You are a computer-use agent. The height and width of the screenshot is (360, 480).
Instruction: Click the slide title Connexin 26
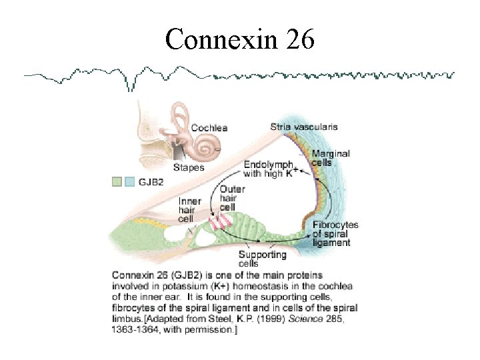[239, 41]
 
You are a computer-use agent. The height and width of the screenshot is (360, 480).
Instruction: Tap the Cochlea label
[209, 128]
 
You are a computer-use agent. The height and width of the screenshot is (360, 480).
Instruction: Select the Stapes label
[189, 167]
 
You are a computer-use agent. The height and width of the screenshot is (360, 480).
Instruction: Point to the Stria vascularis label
[303, 126]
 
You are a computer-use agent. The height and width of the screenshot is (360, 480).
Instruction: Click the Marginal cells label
[331, 158]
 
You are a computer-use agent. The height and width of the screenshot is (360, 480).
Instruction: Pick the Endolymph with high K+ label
[270, 169]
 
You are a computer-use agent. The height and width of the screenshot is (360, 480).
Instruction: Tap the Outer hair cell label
[232, 198]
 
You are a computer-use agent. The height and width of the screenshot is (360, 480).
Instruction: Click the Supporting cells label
[263, 259]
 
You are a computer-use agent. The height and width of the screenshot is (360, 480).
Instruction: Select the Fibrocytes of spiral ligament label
[335, 234]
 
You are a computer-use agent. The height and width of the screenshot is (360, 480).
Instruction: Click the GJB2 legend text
[153, 181]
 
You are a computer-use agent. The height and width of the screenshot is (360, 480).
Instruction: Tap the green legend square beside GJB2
[117, 181]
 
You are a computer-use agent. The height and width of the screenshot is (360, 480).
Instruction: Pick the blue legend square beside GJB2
[129, 181]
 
